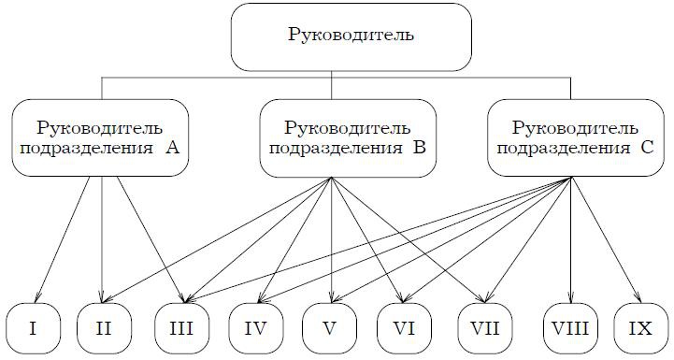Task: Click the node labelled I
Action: [x=33, y=328]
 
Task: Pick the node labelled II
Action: [x=102, y=328]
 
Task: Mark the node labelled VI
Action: [x=405, y=328]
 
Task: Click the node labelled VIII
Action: [x=569, y=328]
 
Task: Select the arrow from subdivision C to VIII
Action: [x=568, y=238]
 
